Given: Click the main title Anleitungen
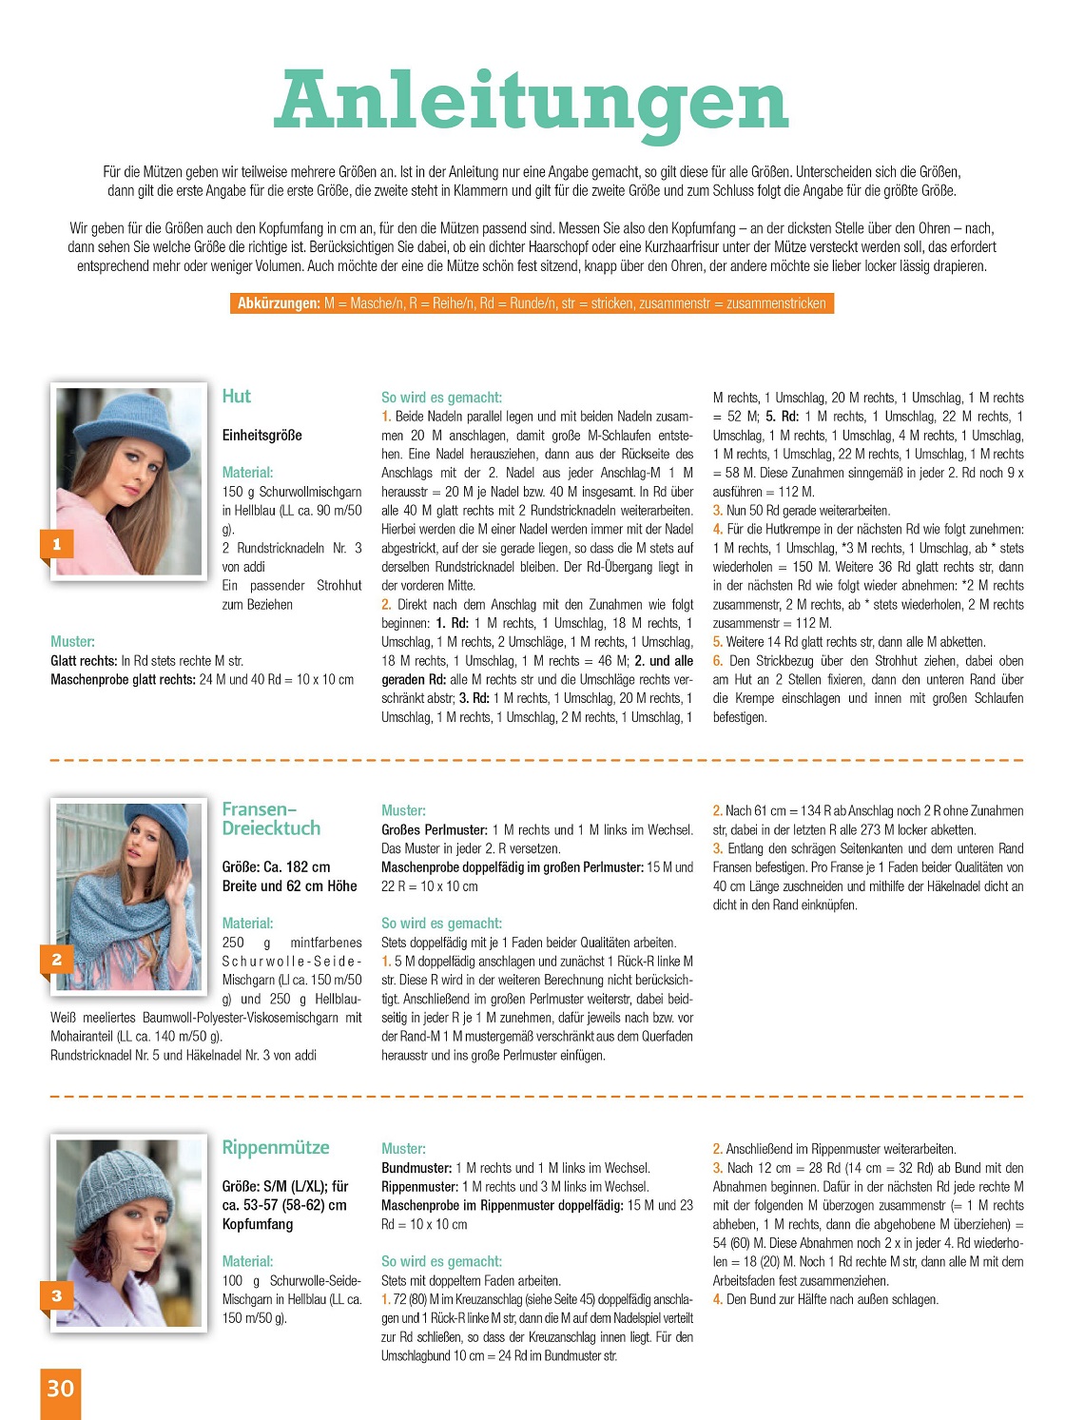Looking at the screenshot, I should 532,102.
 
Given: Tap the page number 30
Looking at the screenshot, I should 60,1389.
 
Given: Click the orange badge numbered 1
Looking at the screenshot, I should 56,544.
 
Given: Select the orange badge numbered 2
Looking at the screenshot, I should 56,960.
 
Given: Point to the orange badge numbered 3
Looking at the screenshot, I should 56,1295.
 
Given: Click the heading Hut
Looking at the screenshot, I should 237,397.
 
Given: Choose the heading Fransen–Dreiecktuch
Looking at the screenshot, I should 271,819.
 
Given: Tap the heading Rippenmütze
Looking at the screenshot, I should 276,1148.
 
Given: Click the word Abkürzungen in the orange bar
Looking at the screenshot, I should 279,303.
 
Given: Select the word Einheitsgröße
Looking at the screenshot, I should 262,436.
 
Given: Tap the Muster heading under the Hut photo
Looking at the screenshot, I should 72,642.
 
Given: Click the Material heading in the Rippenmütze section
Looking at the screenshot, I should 247,1261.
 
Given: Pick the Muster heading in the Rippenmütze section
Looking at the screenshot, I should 403,1149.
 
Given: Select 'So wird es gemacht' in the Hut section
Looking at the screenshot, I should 441,398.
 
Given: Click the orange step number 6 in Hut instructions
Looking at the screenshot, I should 718,661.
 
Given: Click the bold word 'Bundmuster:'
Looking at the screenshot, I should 416,1168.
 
